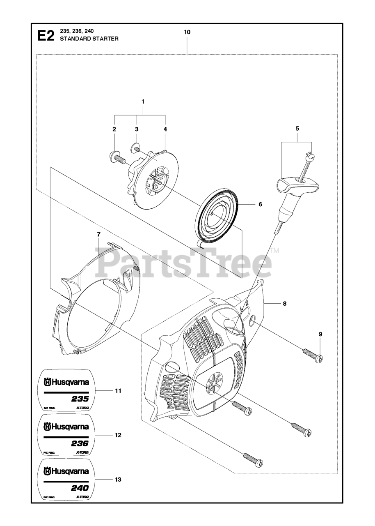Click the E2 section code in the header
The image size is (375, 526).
pos(45,36)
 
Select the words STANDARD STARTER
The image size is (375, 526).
pos(89,39)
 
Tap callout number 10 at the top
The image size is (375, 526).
pos(187,32)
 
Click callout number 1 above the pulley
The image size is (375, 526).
pos(143,101)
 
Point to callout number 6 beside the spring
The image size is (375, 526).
pos(260,204)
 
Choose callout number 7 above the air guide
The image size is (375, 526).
pos(98,234)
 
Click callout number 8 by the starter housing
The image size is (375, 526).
pos(284,304)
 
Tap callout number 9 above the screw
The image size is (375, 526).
pos(320,334)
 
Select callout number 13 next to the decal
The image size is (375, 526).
pos(118,479)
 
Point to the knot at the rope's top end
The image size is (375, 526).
pos(311,156)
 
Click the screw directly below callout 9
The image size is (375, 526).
pos(313,355)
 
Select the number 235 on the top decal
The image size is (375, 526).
pos(80,399)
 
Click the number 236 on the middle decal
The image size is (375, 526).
pos(80,444)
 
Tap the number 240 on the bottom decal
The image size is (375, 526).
pos(80,489)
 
